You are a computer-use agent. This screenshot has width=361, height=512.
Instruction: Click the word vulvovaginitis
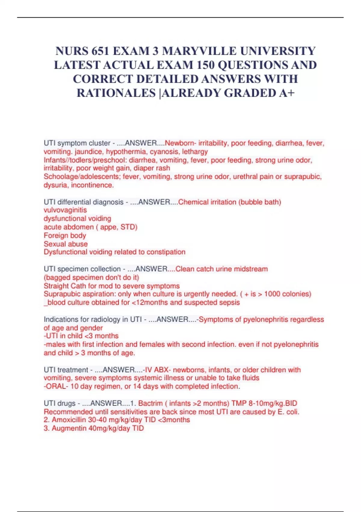65,210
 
